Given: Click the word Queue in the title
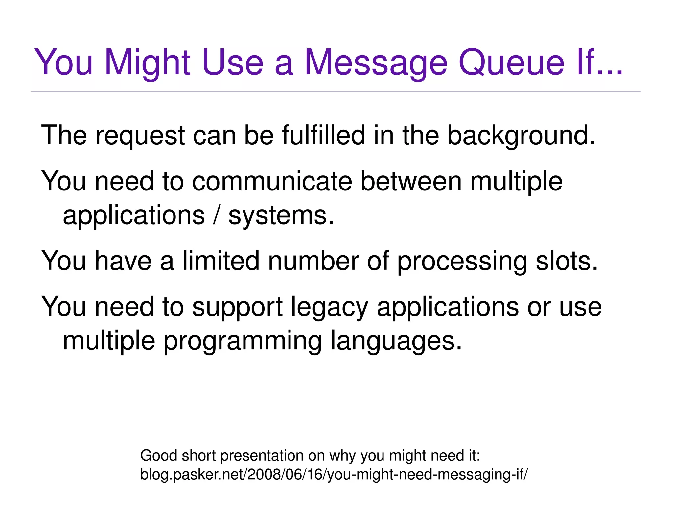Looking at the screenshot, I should (511, 63).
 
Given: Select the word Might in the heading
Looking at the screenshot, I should (148, 63).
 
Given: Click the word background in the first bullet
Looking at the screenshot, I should (521, 136).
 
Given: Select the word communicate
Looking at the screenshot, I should (272, 181).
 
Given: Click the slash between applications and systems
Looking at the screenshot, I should (216, 215).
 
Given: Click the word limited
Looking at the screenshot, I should (221, 261).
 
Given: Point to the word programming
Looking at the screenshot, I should (243, 341).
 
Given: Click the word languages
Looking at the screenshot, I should (396, 341).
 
